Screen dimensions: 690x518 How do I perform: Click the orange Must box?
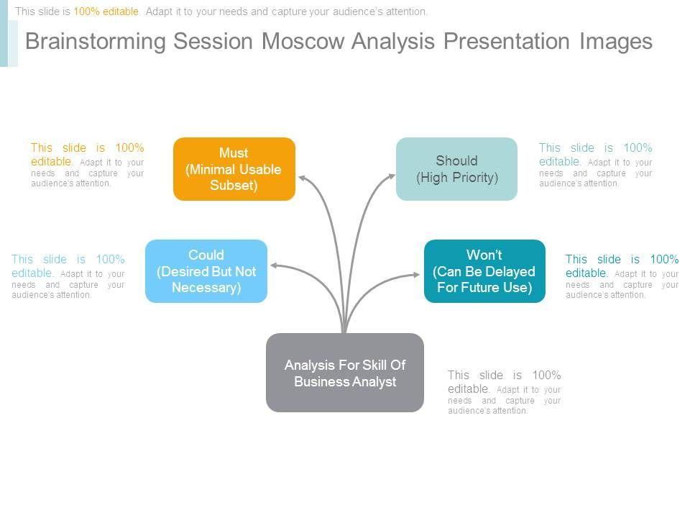234,169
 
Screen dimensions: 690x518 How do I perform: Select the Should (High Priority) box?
457,169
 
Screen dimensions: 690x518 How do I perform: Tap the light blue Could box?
206,271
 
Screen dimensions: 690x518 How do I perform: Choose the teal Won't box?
484,271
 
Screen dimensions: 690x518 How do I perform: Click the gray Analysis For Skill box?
345,373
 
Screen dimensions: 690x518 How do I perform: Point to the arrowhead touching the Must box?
303,178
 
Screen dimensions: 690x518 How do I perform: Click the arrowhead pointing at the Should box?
391,177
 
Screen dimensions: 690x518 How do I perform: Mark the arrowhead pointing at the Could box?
275,265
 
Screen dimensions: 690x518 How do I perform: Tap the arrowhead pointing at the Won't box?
415,274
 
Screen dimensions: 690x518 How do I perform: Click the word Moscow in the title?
303,42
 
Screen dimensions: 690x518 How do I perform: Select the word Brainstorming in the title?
95,42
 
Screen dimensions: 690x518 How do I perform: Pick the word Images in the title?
616,42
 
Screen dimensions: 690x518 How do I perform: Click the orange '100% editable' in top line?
106,12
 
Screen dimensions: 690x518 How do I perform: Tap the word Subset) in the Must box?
234,185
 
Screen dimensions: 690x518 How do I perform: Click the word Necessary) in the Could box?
206,288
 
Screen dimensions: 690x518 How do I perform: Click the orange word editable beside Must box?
51,162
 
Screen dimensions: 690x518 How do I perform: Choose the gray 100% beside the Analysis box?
546,376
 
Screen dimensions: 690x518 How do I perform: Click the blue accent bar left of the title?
4,34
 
